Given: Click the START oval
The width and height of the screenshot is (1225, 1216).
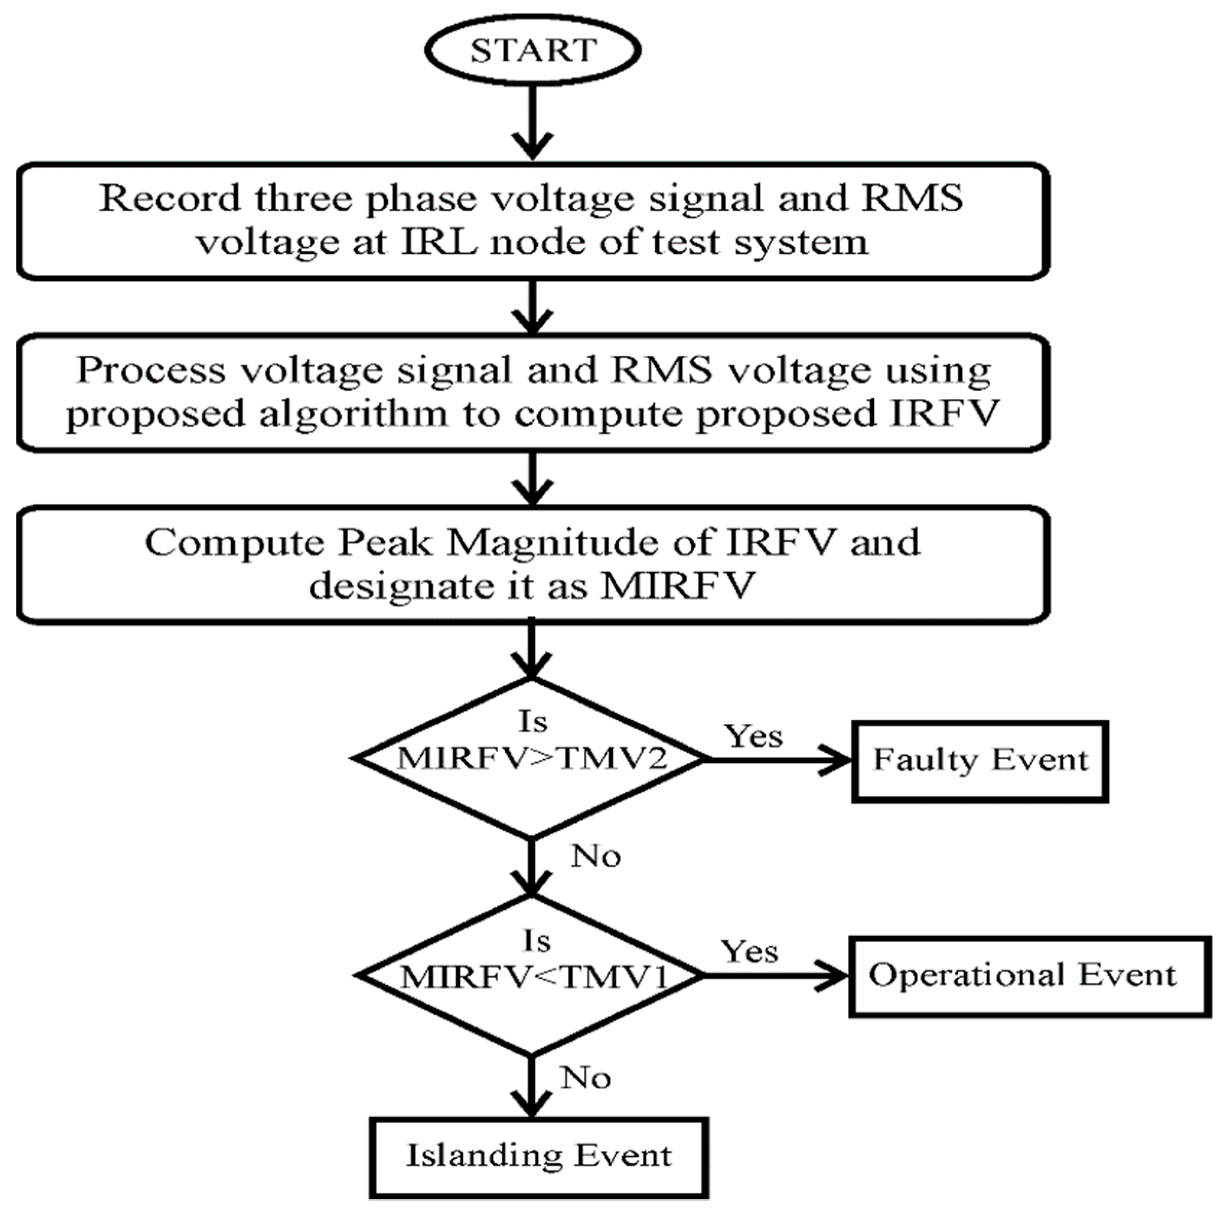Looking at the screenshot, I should point(532,49).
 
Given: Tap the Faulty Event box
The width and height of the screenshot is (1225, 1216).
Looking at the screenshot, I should point(980,761).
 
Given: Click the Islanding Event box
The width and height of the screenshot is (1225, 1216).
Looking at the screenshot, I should point(539,1157).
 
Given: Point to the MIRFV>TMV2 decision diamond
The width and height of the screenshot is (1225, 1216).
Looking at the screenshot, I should point(531,758).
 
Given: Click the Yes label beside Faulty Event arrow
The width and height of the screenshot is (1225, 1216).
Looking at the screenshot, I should point(754,736).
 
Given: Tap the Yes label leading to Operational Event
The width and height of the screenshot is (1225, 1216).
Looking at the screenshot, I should point(750,952).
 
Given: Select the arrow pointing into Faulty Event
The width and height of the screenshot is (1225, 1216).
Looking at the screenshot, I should point(780,759).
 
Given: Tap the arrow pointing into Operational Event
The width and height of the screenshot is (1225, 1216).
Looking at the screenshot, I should point(777,976).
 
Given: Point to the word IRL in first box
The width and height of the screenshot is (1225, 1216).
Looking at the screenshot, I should point(439,242).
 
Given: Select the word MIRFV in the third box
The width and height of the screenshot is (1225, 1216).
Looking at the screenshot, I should point(678,585).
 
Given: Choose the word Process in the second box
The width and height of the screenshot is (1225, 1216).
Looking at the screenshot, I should point(150,370).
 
